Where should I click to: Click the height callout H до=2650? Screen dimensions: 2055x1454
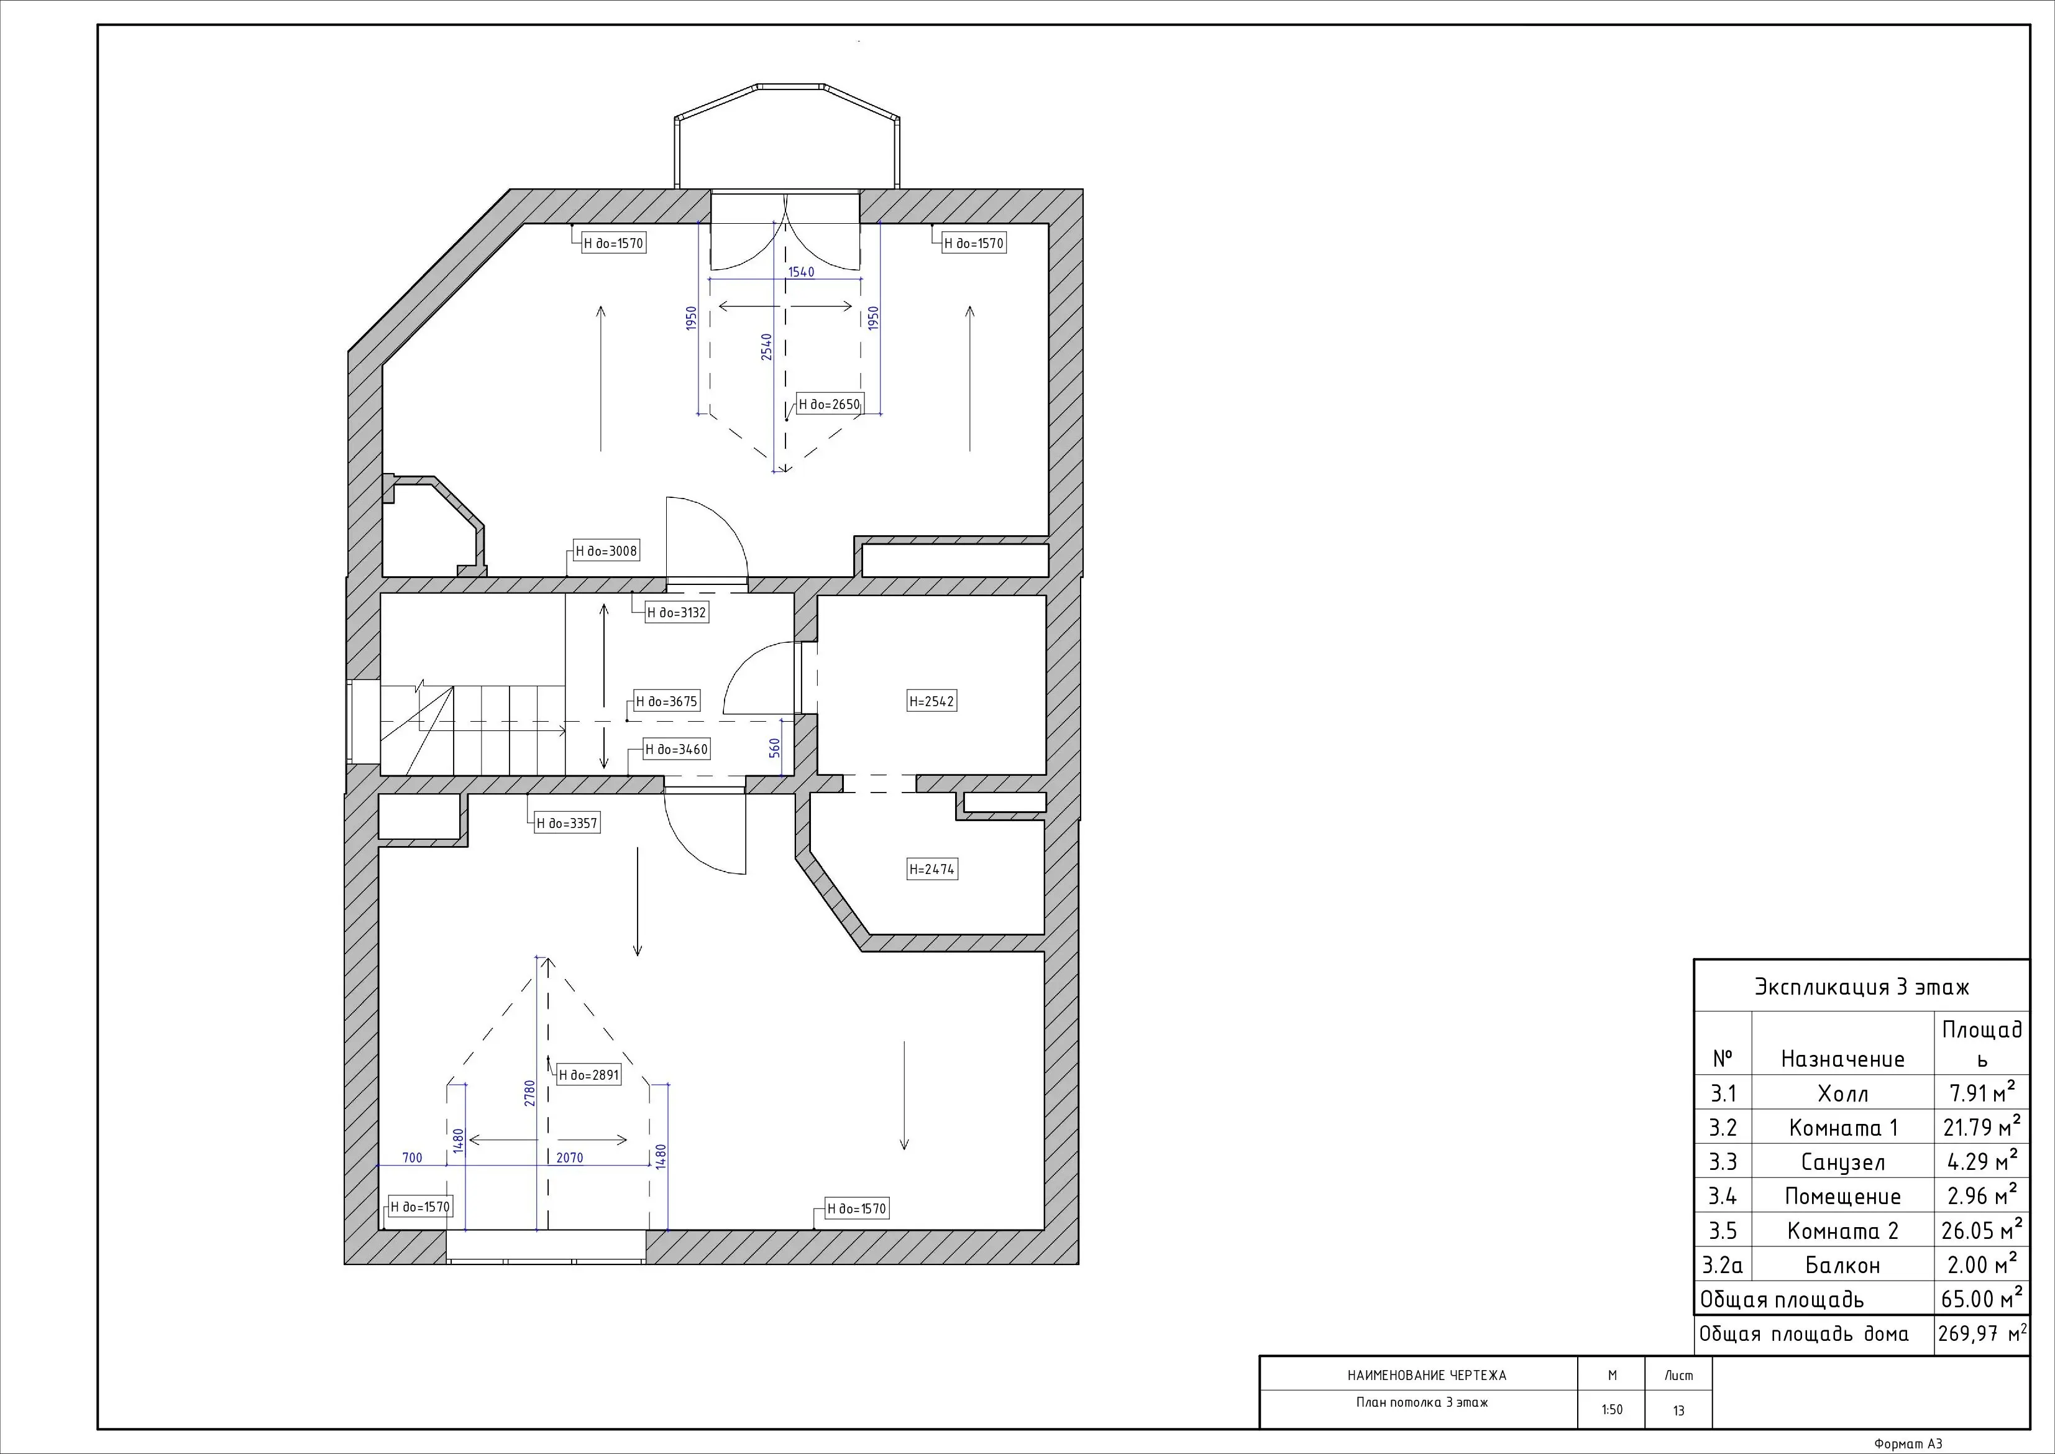coord(829,405)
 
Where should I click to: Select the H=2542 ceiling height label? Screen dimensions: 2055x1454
coord(931,702)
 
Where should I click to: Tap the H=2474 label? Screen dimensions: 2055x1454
coord(931,870)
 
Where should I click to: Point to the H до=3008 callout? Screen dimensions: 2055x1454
coord(606,551)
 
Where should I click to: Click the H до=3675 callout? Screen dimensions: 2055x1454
coord(667,702)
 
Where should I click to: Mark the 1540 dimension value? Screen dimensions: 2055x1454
coord(801,272)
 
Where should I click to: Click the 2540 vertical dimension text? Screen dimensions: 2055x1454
coord(766,347)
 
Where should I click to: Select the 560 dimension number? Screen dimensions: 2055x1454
coord(775,748)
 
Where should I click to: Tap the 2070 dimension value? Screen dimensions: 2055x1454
coord(569,1157)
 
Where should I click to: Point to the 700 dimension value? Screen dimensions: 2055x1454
coord(412,1157)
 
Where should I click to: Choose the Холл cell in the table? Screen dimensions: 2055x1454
coord(1843,1094)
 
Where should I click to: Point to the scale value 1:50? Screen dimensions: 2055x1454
coord(1611,1410)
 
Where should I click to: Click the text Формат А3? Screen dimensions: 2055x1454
coord(1908,1444)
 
